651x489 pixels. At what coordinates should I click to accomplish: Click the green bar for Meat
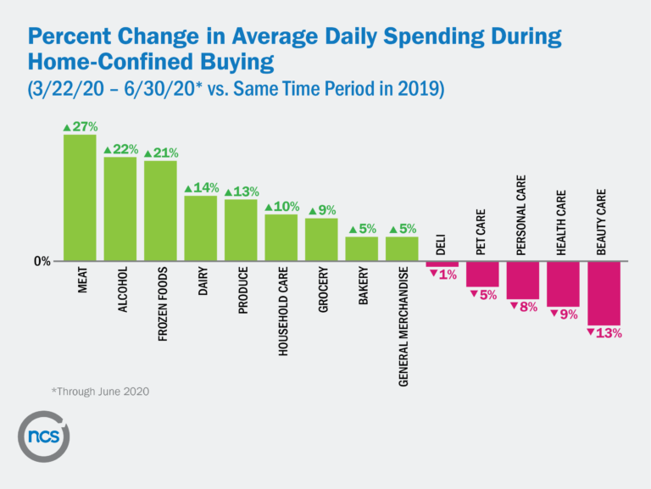click(80, 197)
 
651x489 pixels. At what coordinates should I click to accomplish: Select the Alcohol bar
click(120, 208)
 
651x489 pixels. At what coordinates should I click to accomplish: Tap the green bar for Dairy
click(201, 228)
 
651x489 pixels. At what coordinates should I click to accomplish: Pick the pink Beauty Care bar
click(604, 293)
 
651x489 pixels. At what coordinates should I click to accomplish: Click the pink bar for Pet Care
click(482, 275)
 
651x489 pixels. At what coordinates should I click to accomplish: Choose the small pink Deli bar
click(442, 264)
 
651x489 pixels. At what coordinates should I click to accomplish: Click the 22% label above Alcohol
click(120, 149)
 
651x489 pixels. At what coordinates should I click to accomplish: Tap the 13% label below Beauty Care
click(604, 333)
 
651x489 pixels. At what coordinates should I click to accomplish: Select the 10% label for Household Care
click(281, 207)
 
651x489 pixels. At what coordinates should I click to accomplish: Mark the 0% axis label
click(42, 262)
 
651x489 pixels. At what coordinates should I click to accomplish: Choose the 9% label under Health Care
click(564, 314)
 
